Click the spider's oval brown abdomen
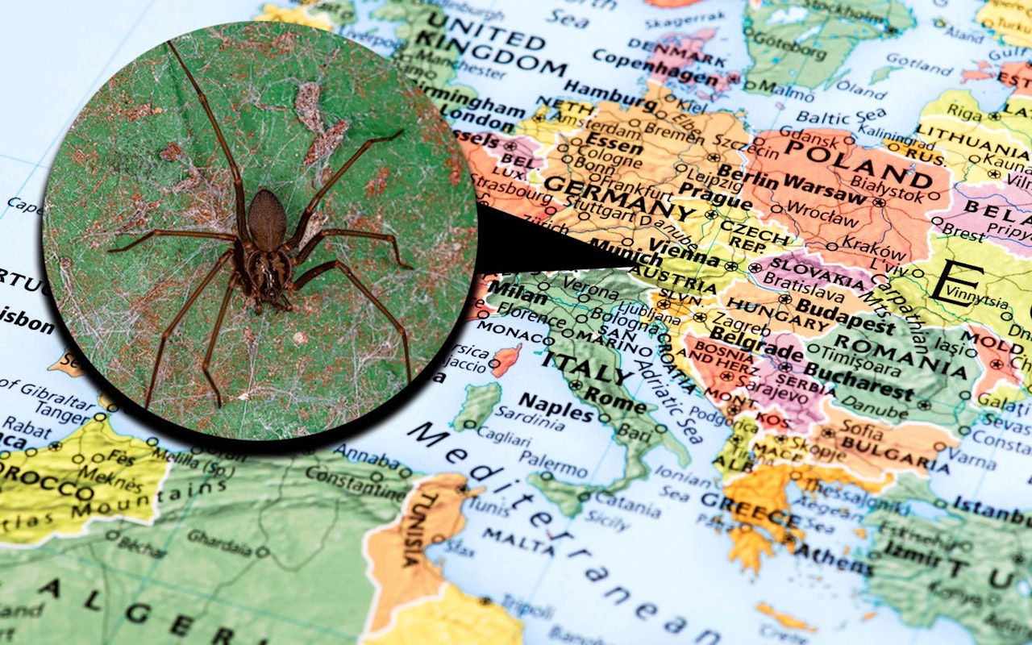click(267, 220)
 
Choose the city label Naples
click(556, 406)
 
